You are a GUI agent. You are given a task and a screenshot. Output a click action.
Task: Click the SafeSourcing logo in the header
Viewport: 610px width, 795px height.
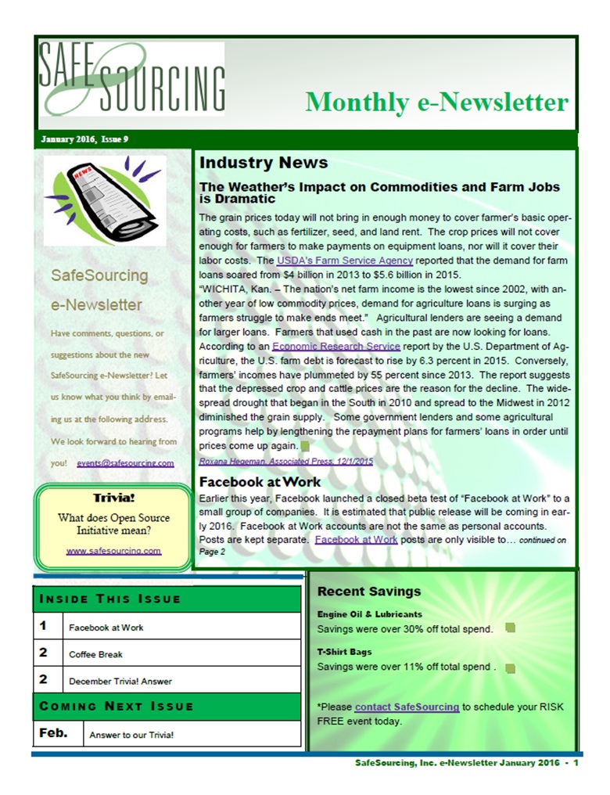(x=131, y=78)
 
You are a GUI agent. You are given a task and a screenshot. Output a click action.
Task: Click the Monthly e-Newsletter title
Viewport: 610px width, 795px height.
(x=436, y=102)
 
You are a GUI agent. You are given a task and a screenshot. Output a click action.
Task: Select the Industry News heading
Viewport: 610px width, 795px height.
(x=264, y=163)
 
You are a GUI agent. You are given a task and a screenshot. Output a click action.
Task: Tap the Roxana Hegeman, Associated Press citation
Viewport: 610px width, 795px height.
(x=286, y=461)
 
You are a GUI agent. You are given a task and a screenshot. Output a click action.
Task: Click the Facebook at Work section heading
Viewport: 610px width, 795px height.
(x=260, y=482)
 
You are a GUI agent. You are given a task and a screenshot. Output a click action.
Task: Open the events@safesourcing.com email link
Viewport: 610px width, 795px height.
(x=125, y=463)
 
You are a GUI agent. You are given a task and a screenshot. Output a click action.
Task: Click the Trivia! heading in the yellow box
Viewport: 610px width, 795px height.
(x=113, y=498)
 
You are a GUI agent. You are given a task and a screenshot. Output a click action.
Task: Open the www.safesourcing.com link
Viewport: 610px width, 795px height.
(x=113, y=551)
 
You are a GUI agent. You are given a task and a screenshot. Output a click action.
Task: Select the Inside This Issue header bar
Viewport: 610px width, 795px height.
(x=167, y=599)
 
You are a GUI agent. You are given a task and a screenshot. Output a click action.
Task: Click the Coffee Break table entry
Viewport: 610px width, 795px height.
(x=95, y=653)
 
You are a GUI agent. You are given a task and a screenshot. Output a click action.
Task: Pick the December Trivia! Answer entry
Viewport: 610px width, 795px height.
(x=120, y=680)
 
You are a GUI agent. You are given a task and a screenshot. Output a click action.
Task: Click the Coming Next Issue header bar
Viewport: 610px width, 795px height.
(x=167, y=706)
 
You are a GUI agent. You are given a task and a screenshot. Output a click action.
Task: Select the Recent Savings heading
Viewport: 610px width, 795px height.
(x=369, y=592)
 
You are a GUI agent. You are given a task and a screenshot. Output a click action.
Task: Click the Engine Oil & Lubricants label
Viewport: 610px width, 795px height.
(x=369, y=614)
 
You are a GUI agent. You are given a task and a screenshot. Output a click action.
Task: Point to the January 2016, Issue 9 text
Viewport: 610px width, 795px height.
(x=84, y=139)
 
